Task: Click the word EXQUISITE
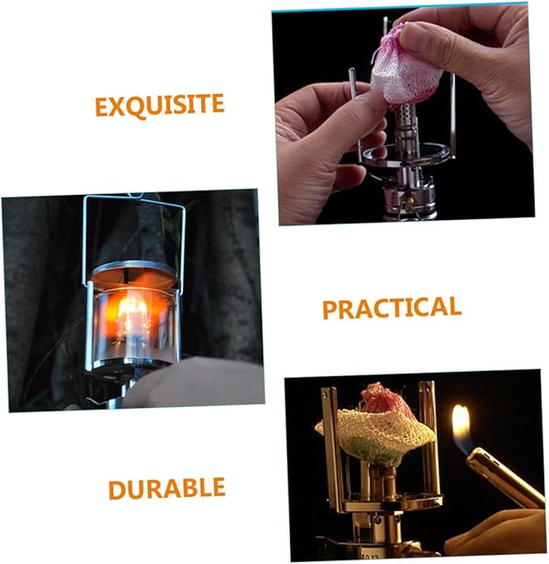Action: click(159, 105)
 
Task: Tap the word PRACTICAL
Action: click(392, 307)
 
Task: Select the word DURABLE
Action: click(167, 489)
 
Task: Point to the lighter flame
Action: click(462, 428)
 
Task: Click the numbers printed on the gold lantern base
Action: click(370, 558)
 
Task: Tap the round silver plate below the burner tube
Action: click(406, 156)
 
